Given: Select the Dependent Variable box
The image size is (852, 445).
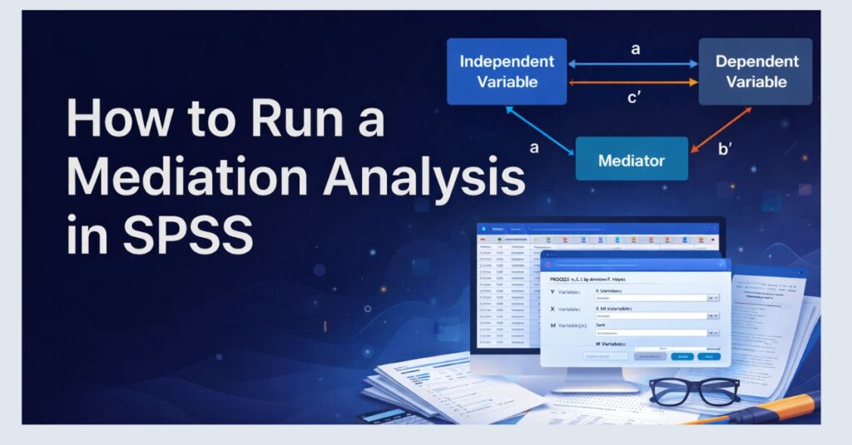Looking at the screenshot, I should click(x=755, y=72).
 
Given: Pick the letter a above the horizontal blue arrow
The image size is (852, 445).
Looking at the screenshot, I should click(x=636, y=49).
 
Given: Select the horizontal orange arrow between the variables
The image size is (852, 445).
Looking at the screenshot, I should click(x=632, y=82).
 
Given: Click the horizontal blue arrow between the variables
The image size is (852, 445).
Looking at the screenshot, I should click(x=632, y=63).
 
